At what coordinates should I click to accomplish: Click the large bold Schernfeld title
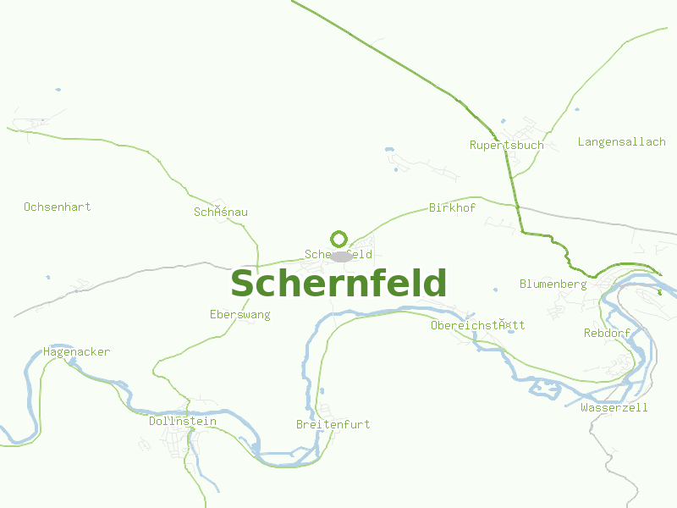click(x=338, y=284)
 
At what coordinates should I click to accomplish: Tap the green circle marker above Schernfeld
click(x=339, y=239)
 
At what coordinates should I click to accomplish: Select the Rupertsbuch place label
click(x=506, y=145)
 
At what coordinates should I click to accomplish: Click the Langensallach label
click(x=621, y=141)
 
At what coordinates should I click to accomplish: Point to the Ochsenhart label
click(x=58, y=207)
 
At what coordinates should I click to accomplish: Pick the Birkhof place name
click(x=452, y=207)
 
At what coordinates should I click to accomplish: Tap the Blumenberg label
click(x=553, y=284)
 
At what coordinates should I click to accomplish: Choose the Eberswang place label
click(x=239, y=314)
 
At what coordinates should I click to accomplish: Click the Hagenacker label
click(x=76, y=351)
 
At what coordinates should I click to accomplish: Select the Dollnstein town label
click(x=182, y=421)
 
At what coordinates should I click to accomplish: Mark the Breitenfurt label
click(x=333, y=424)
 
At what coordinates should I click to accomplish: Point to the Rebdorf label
click(x=607, y=333)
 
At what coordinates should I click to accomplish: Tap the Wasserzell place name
click(x=614, y=407)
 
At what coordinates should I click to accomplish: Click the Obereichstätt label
click(x=477, y=325)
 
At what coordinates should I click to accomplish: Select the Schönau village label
click(x=220, y=212)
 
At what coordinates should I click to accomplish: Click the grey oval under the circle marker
click(x=341, y=256)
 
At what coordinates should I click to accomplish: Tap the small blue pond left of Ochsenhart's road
click(x=58, y=90)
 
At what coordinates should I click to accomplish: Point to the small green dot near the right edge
click(x=659, y=293)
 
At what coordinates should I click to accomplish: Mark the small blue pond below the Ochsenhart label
click(x=48, y=277)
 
